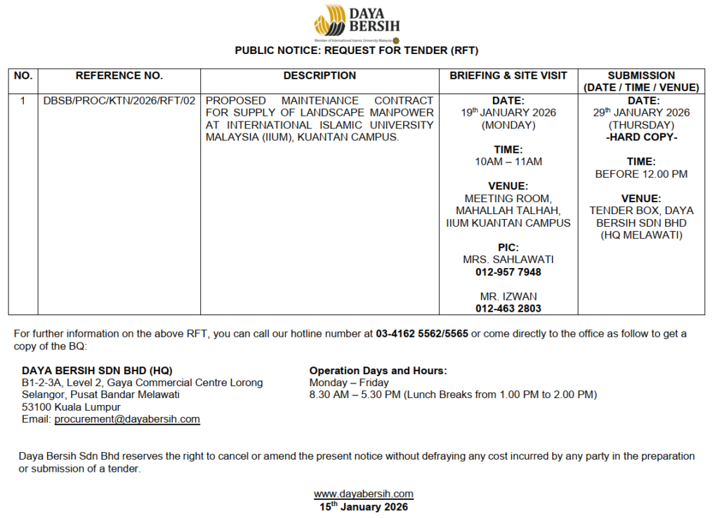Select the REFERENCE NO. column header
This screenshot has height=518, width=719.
[119, 76]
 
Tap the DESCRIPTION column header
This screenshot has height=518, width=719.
[319, 76]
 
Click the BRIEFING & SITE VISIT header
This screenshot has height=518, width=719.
[508, 76]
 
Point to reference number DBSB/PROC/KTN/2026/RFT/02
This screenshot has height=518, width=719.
[119, 101]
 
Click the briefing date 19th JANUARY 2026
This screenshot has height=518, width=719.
[508, 113]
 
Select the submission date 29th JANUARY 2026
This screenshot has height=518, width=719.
[642, 113]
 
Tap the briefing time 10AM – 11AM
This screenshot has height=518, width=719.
[508, 162]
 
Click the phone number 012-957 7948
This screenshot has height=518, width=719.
[508, 272]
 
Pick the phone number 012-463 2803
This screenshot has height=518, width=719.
[508, 309]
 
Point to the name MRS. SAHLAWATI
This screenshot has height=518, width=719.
[508, 260]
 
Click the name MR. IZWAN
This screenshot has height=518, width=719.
[508, 296]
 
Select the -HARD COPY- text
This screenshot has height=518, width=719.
[642, 138]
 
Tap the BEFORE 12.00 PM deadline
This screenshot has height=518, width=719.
[642, 174]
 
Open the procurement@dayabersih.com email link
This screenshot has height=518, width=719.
[127, 420]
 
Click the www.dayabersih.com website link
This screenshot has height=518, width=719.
[363, 494]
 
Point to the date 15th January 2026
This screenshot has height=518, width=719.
[363, 507]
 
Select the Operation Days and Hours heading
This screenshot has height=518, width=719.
[378, 371]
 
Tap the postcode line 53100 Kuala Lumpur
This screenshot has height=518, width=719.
[71, 407]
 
